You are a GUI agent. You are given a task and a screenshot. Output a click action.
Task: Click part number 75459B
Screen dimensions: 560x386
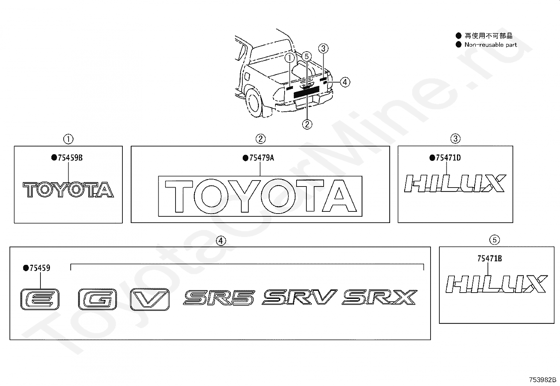(69, 158)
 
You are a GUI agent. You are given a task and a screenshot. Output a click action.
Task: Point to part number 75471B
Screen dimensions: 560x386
(489, 259)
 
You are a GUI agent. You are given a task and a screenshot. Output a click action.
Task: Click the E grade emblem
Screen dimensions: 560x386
(40, 299)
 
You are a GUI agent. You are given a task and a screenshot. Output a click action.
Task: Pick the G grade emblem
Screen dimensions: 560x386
(97, 299)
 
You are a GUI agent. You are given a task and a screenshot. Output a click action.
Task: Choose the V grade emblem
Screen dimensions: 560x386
(150, 299)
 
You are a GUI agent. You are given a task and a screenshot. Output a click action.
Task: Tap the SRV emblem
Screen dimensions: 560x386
(299, 297)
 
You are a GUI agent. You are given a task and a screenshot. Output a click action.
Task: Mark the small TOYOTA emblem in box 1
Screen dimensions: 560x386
(69, 190)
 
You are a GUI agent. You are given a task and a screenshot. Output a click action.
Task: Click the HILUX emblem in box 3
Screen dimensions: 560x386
(455, 183)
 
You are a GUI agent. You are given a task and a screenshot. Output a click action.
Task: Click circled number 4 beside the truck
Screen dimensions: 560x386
(345, 82)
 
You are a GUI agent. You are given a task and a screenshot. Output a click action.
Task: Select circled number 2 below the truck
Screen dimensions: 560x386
(307, 124)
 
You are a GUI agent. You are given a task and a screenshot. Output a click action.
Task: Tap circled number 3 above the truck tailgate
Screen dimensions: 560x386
(324, 48)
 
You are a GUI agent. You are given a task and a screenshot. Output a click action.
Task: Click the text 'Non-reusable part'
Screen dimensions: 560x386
(490, 45)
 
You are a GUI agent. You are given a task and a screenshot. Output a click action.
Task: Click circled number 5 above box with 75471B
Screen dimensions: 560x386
(494, 240)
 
